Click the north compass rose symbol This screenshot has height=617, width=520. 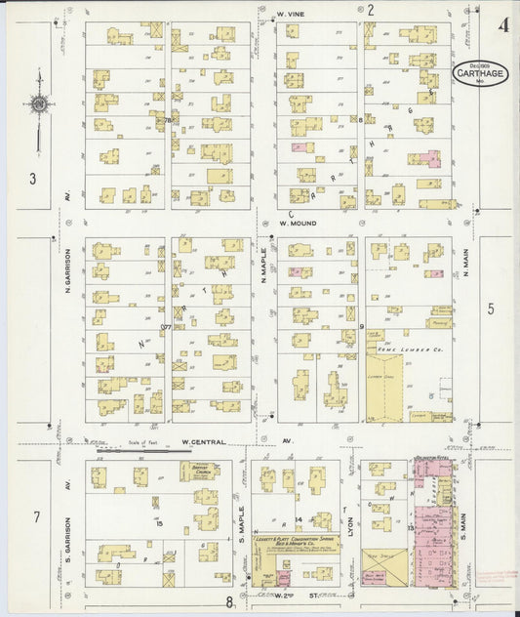39,103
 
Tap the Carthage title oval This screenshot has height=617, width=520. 479,74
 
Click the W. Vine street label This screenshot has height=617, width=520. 292,14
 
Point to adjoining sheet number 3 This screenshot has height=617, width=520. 32,178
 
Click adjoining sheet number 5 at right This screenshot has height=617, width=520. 491,308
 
